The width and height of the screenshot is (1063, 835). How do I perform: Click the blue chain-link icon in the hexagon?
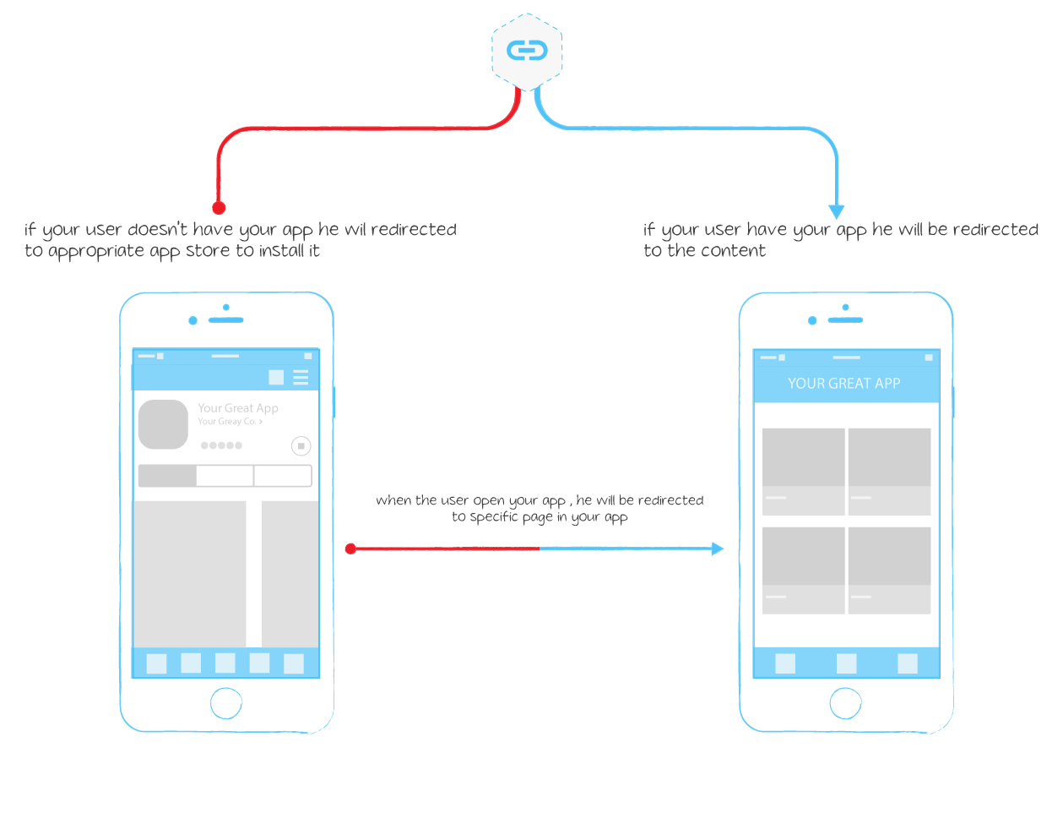coord(526,51)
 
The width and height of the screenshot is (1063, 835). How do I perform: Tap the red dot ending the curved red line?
coord(219,208)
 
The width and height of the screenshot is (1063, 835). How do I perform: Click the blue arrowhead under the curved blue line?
coord(836,211)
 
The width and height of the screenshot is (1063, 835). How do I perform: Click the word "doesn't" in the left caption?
coord(157,229)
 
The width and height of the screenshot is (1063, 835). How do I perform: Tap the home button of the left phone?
coord(226,703)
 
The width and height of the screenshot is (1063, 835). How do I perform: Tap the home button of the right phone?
coord(845,703)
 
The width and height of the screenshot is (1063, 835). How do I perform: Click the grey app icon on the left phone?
coord(163,424)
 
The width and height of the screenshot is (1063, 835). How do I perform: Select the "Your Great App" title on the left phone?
coord(238,408)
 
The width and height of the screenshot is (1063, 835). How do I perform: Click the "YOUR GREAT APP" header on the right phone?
coord(843,383)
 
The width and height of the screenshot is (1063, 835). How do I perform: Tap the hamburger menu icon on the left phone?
coord(301,378)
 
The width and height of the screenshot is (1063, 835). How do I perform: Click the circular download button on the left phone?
coord(301,446)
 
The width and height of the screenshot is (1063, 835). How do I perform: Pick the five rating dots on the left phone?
coord(221,445)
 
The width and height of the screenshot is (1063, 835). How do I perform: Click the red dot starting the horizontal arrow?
coord(350,548)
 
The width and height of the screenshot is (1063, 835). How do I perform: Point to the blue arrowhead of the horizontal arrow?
coord(717,548)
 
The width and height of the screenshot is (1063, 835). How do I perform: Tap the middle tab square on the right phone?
coord(846,663)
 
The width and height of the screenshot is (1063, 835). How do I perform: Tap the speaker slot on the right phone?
coord(845,320)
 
